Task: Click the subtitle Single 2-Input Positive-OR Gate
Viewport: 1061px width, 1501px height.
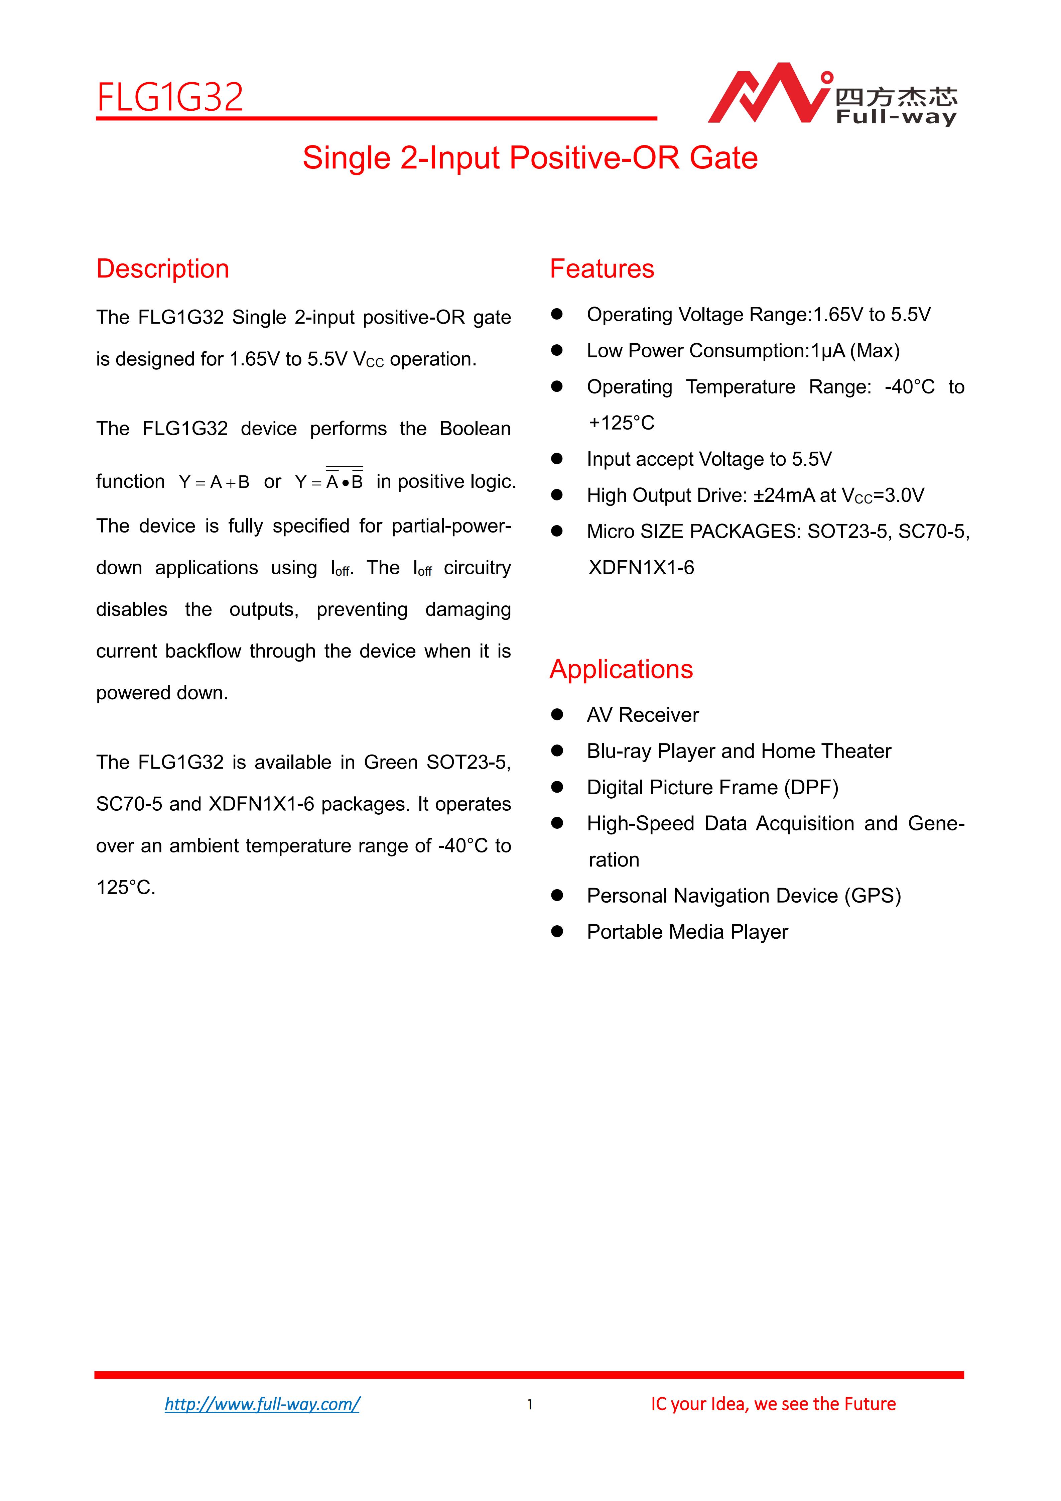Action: coord(530,158)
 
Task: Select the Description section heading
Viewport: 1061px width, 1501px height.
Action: coord(163,269)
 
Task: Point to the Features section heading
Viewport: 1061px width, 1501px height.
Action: coord(602,269)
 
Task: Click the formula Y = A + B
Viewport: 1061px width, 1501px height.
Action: coord(214,482)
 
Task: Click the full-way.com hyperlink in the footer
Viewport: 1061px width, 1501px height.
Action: coord(262,1404)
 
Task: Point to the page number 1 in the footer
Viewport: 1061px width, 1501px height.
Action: coord(530,1404)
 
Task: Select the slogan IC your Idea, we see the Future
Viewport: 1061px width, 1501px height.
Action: coord(773,1404)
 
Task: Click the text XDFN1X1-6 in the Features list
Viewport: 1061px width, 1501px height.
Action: coord(641,567)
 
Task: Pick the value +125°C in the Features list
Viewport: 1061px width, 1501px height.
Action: coord(621,423)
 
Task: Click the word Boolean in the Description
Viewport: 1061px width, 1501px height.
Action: coord(475,429)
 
